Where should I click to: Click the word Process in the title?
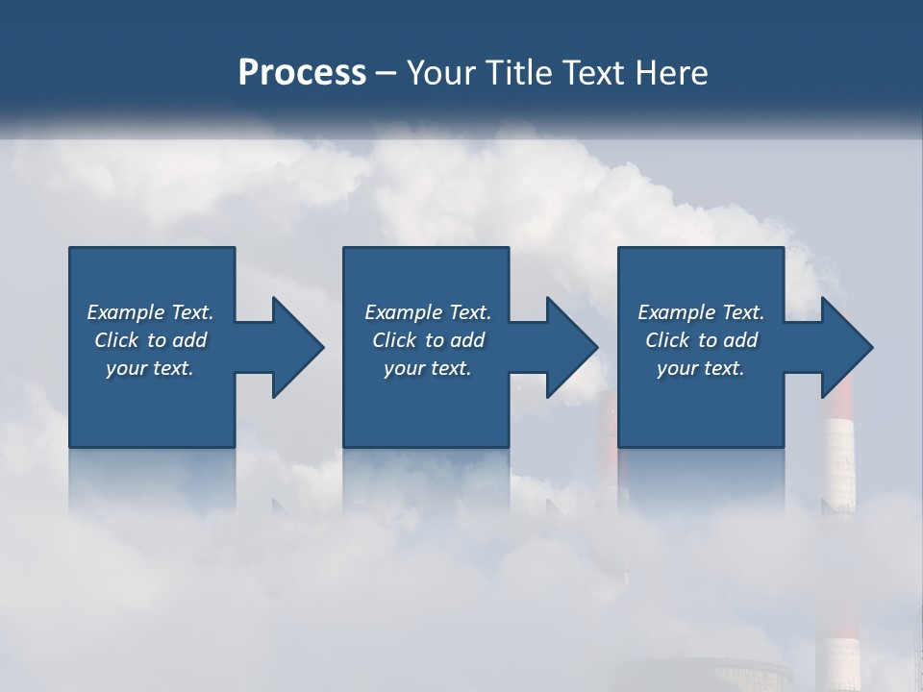click(302, 72)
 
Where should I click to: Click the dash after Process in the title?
click(387, 73)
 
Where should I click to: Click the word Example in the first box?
click(125, 312)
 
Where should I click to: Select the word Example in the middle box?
click(403, 312)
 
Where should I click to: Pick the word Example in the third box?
click(676, 312)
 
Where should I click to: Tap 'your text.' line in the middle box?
click(427, 368)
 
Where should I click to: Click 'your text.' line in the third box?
click(700, 368)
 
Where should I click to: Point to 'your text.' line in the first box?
click(149, 368)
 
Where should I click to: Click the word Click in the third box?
click(667, 340)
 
